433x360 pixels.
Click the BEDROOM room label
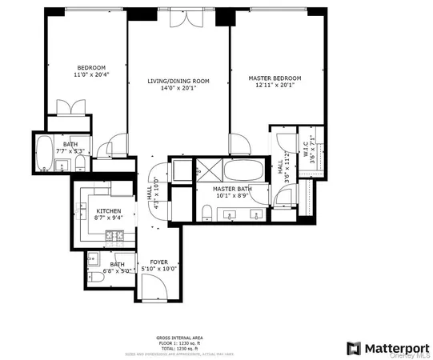[86, 67]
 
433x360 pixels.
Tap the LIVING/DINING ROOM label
[178, 81]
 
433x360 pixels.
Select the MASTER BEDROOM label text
[273, 78]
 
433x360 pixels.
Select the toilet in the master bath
[206, 211]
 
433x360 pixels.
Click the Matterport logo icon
[353, 348]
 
